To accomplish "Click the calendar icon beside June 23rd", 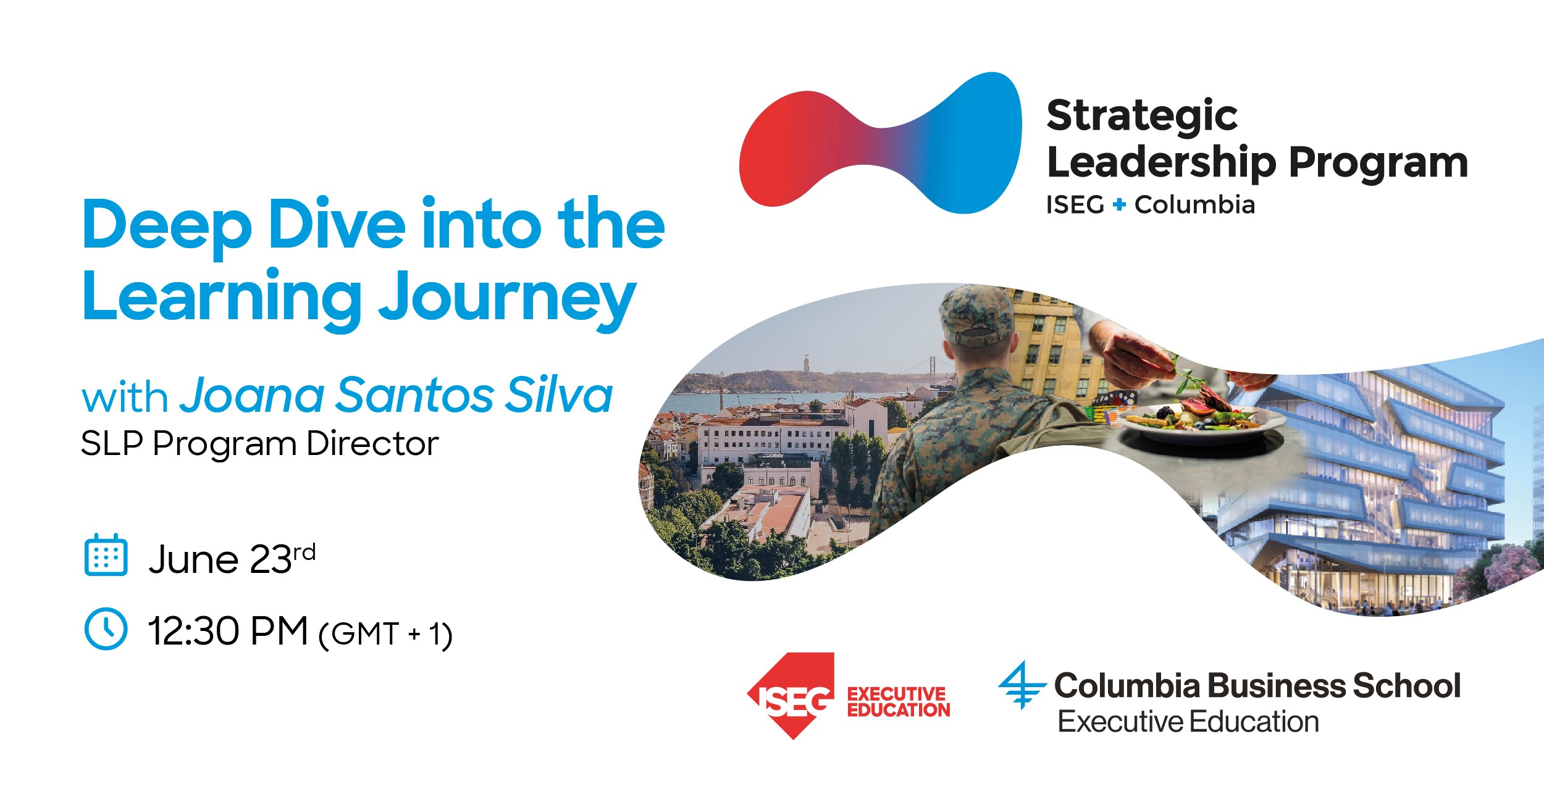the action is coord(106,554).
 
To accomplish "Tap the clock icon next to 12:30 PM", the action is coord(106,629).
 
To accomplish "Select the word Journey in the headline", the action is coord(507,300).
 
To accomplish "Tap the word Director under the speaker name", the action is coord(372,443).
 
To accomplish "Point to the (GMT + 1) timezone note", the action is coord(385,635).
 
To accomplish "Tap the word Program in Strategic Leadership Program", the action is coord(1378,164).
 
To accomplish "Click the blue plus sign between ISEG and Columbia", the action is coord(1119,204).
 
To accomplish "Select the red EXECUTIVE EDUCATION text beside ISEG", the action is coord(899,702).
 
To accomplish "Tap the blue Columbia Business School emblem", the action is coord(1022,685).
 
